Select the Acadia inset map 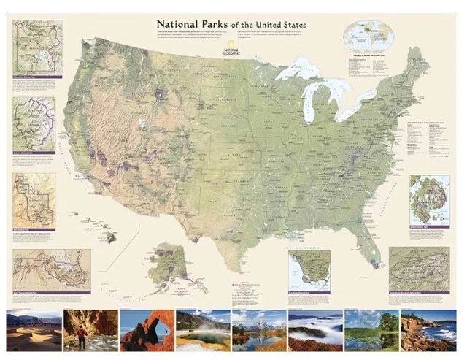tap(429, 199)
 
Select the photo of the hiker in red tap(90, 330)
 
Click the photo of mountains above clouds tap(314, 330)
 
